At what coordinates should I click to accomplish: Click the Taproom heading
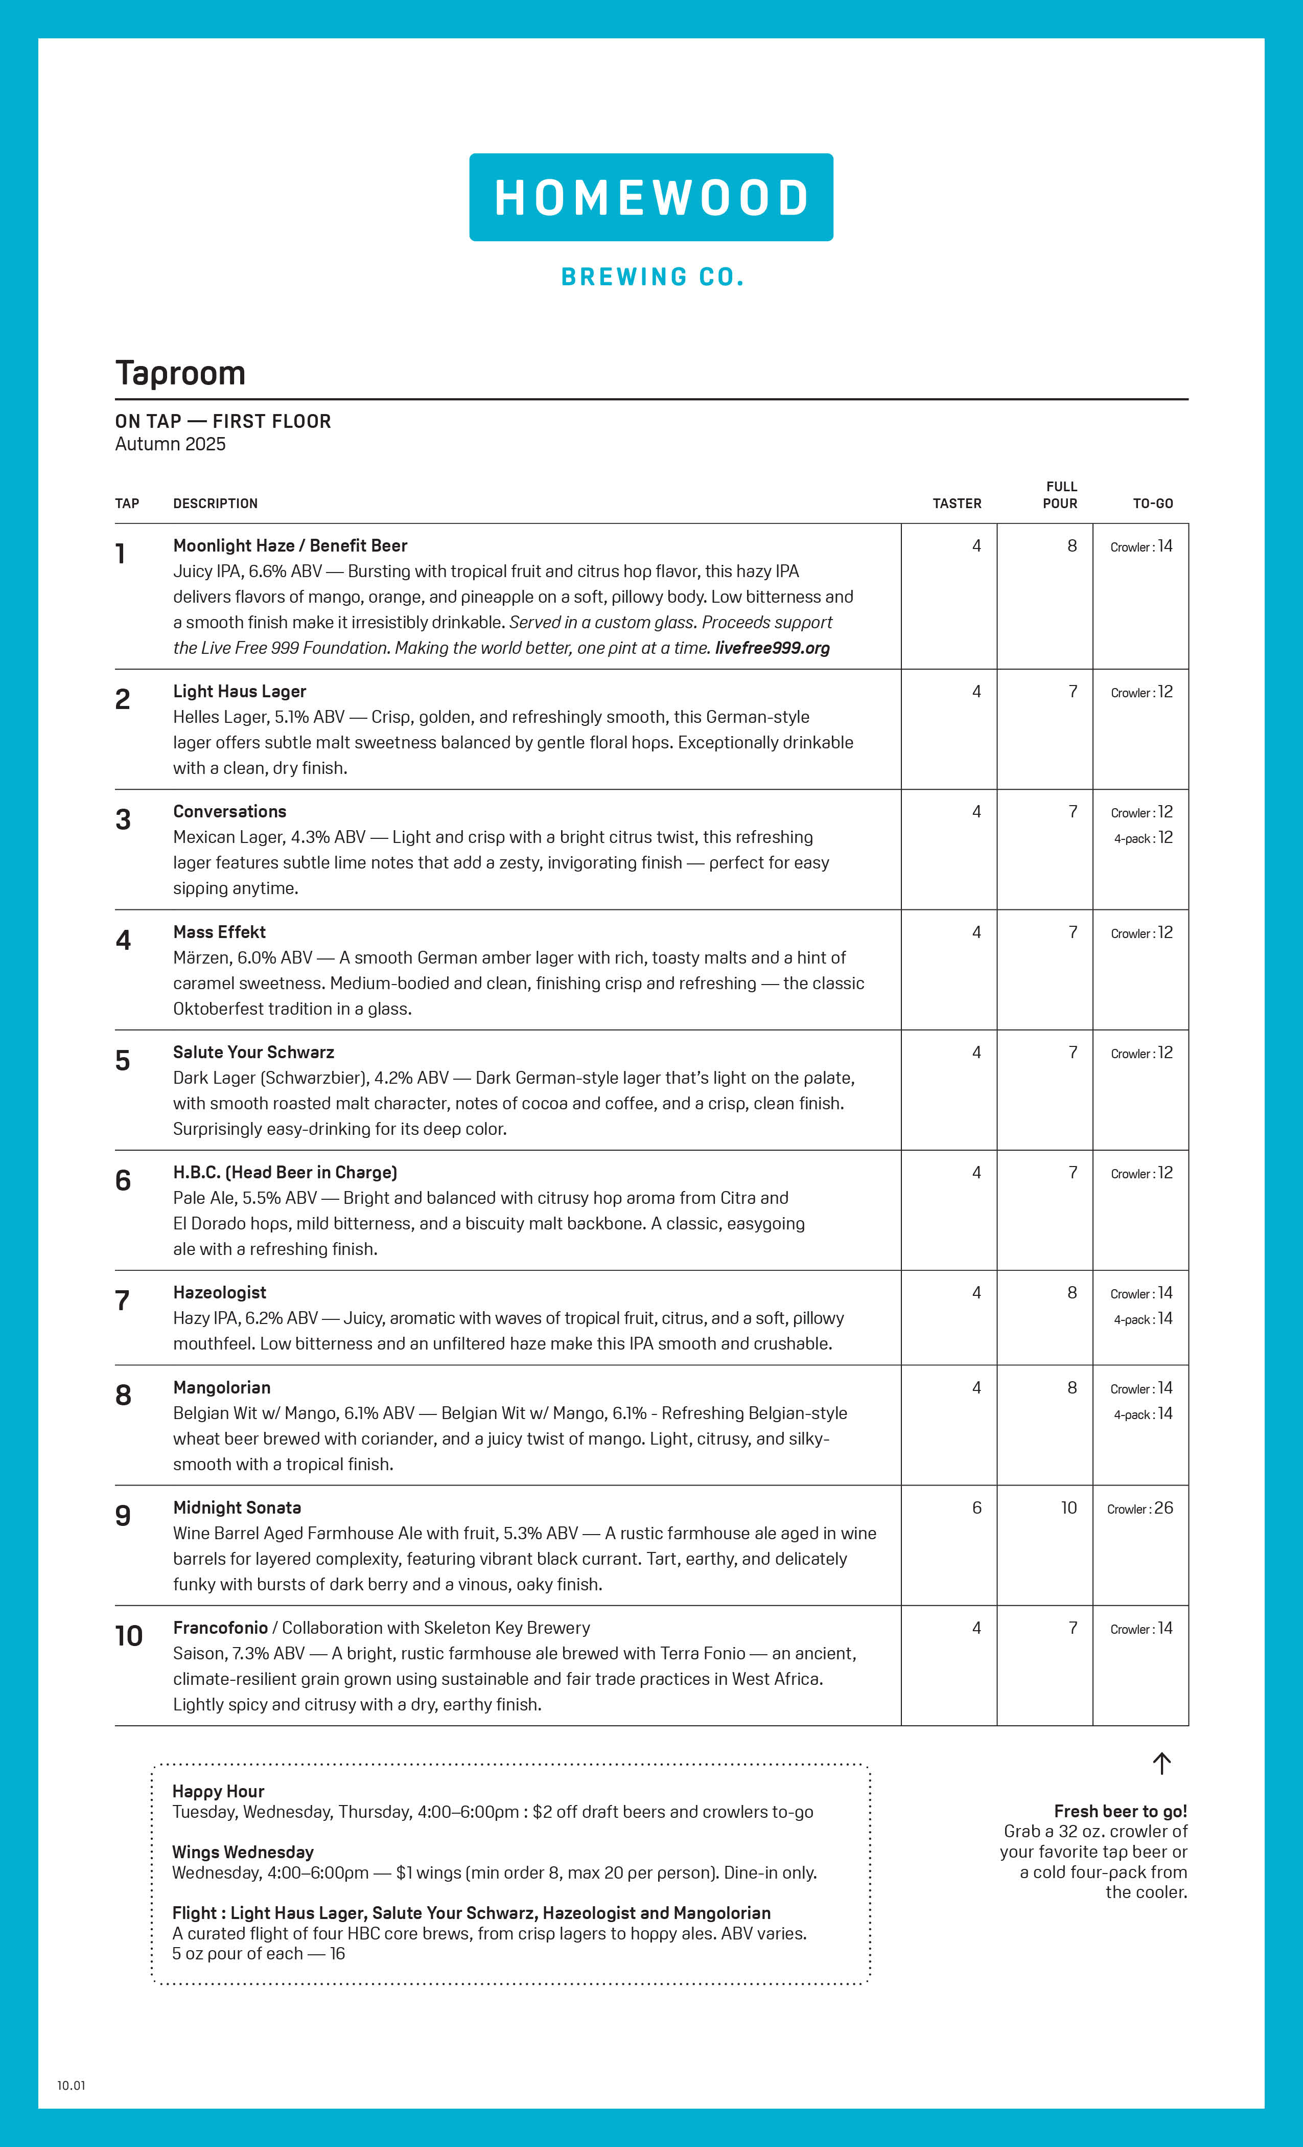tap(180, 373)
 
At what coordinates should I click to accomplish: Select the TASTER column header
tap(957, 504)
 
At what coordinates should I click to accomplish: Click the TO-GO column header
tap(1152, 504)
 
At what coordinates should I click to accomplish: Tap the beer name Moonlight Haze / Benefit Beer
tap(290, 545)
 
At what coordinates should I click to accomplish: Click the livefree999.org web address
tap(772, 647)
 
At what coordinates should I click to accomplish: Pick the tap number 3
tap(123, 819)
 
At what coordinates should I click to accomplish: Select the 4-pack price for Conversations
tap(1143, 837)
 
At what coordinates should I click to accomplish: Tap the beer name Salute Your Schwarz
tap(253, 1052)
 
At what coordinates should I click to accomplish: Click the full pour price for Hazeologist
tap(1072, 1292)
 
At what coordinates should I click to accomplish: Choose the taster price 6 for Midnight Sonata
tap(976, 1508)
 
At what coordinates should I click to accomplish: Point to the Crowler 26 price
tap(1140, 1509)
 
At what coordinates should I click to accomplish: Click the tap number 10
tap(128, 1635)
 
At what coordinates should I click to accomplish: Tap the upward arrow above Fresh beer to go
tap(1161, 1763)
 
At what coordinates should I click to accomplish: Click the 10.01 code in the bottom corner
tap(72, 2085)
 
